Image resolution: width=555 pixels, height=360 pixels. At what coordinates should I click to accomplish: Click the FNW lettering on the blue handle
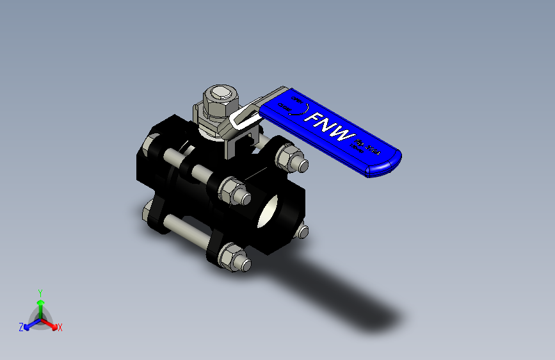(x=330, y=127)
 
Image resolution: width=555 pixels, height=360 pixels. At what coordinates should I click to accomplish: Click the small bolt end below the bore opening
(x=302, y=232)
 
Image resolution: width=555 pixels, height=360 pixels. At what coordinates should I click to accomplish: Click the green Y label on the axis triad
(x=40, y=291)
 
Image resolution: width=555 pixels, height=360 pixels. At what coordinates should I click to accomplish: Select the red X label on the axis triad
(x=60, y=327)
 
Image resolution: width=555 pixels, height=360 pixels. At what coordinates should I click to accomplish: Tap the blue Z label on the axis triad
(x=21, y=327)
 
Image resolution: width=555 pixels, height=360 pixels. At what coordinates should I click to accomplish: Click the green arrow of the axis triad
(x=40, y=304)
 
